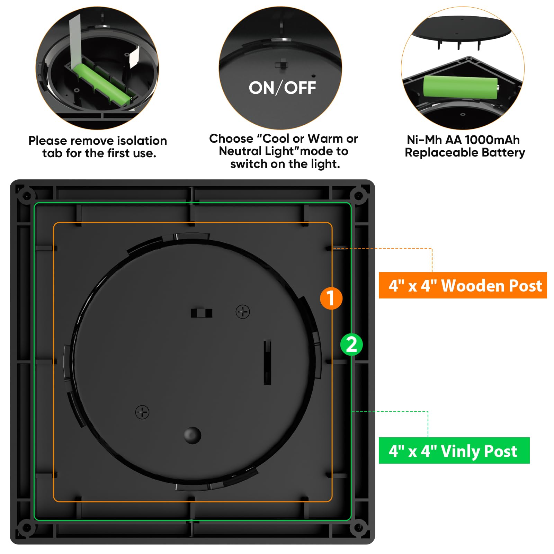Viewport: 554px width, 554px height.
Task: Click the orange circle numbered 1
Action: [x=331, y=298]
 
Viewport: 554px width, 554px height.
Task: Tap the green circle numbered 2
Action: [x=351, y=345]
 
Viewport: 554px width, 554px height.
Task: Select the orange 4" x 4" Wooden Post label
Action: [x=463, y=285]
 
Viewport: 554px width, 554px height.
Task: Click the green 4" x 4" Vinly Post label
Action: [x=454, y=450]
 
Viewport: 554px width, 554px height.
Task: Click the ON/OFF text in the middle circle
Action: [x=282, y=88]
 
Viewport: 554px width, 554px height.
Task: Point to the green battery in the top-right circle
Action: [x=460, y=87]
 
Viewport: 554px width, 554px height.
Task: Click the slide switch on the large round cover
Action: [x=202, y=313]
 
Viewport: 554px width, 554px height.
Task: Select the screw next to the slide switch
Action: [x=243, y=312]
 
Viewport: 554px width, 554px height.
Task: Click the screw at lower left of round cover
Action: [x=142, y=412]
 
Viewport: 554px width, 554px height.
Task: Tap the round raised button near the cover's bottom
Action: [x=193, y=435]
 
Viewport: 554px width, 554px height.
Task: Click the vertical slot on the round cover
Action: [x=267, y=362]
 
